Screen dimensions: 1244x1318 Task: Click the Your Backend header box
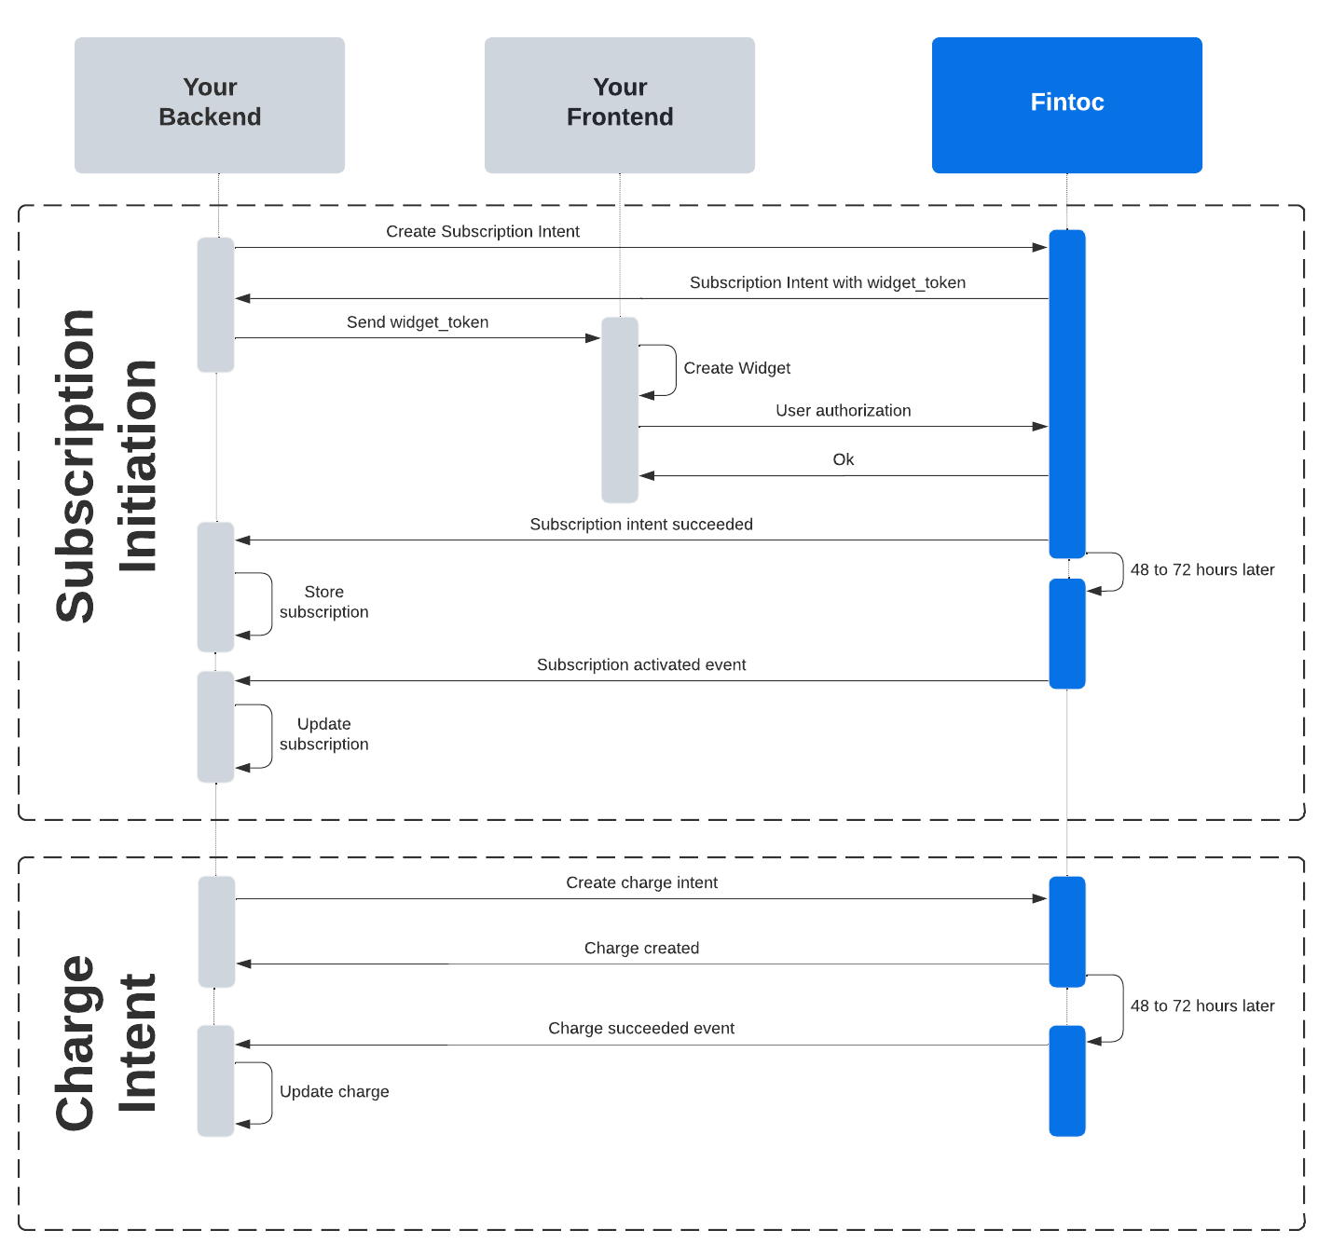(210, 104)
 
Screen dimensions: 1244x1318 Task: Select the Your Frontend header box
(620, 104)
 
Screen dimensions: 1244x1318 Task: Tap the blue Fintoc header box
(1066, 104)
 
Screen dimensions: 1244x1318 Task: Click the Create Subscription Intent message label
(483, 231)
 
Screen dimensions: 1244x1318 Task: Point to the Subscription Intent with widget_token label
(827, 282)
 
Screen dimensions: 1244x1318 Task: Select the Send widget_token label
(418, 322)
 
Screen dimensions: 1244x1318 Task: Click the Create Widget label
(736, 368)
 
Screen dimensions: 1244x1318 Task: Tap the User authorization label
(843, 410)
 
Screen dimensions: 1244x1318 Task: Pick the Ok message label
(843, 459)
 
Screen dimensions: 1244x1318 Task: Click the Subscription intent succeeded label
(641, 525)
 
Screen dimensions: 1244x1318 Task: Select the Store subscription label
(323, 602)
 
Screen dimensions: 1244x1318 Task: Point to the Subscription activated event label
(641, 664)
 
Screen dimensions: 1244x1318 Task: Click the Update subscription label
(323, 734)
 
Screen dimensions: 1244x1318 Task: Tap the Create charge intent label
(641, 882)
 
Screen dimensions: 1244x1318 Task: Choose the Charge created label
(641, 948)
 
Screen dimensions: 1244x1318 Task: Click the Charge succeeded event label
(641, 1028)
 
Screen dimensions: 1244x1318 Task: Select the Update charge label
(334, 1091)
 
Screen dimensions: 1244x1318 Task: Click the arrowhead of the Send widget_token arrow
(593, 338)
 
